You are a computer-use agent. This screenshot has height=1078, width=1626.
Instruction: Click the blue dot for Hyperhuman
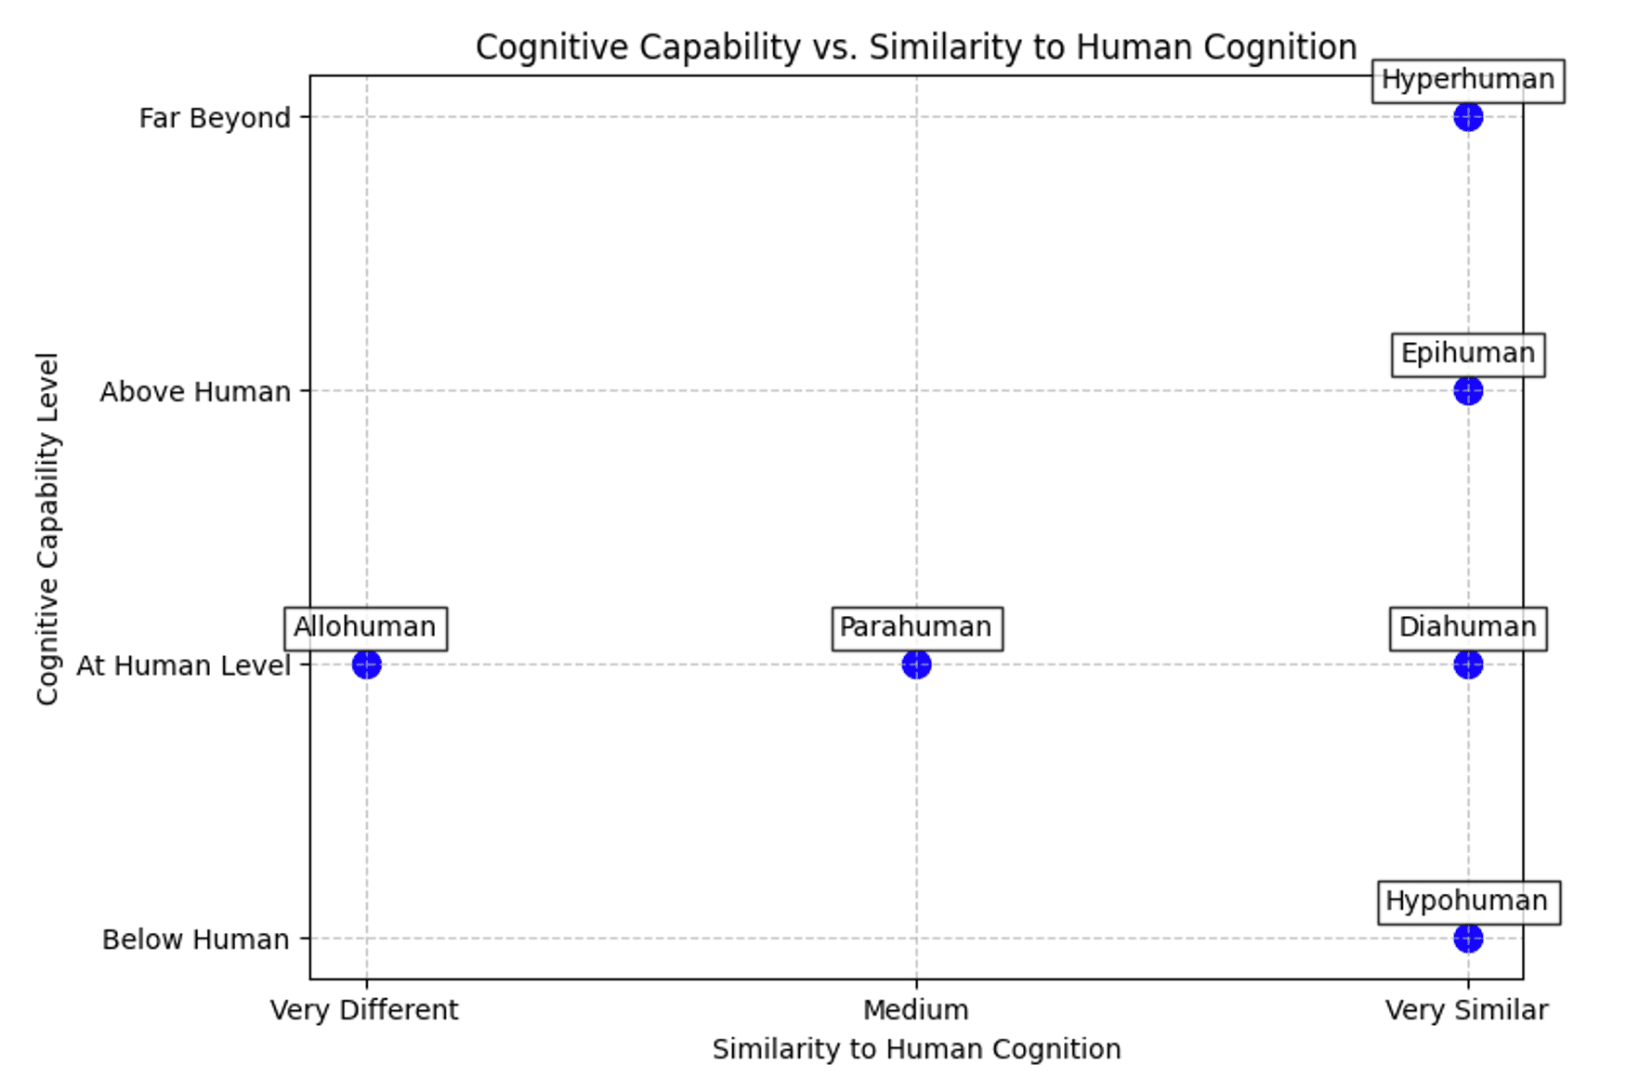point(1467,117)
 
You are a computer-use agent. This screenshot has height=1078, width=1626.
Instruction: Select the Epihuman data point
point(1467,391)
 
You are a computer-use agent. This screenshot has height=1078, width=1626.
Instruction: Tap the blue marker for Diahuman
point(1467,664)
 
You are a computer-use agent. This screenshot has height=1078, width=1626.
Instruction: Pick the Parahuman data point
point(916,664)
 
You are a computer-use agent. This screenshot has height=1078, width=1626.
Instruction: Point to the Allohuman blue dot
point(366,664)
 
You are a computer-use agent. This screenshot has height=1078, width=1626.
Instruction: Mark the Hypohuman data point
point(1467,939)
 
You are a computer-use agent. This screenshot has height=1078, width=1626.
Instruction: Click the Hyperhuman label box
point(1467,80)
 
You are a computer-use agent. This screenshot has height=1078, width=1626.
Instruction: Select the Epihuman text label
point(1467,354)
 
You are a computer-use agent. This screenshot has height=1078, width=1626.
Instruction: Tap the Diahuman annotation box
point(1467,628)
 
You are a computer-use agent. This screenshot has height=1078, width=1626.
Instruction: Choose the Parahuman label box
point(916,628)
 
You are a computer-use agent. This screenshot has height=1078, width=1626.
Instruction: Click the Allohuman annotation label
point(365,628)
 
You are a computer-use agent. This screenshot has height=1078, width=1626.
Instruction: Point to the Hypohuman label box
point(1467,901)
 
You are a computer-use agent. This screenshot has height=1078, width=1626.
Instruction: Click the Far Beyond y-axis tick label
point(215,118)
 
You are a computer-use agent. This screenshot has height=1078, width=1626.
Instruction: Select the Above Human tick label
point(195,392)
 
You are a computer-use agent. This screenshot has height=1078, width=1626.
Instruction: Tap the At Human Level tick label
point(183,665)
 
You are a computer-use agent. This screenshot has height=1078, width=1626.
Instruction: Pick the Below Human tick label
point(195,940)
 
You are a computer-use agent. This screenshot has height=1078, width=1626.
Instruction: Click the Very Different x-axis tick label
point(364,1010)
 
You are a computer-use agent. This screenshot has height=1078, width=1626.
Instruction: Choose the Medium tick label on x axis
point(916,1010)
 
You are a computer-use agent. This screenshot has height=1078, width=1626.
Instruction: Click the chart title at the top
point(916,46)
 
